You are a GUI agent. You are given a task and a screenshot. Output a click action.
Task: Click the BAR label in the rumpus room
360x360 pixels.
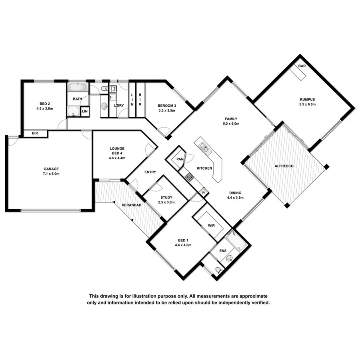pyautogui.click(x=302, y=66)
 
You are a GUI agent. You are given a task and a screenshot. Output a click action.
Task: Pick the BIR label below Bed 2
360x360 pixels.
pyautogui.click(x=35, y=134)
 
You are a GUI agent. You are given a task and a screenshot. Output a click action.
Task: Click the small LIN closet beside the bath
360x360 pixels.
pyautogui.click(x=85, y=112)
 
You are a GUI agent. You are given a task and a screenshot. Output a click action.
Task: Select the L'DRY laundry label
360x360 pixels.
pyautogui.click(x=119, y=105)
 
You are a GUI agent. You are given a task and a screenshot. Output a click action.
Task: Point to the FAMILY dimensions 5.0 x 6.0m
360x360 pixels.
pyautogui.click(x=231, y=124)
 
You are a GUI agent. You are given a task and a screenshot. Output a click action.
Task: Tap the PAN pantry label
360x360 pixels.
pyautogui.click(x=180, y=160)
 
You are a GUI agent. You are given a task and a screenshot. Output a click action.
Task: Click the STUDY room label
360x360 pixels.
pyautogui.click(x=166, y=197)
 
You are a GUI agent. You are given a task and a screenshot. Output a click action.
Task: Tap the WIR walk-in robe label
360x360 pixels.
pyautogui.click(x=212, y=226)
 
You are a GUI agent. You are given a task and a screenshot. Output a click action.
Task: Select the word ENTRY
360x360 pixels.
pyautogui.click(x=150, y=172)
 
